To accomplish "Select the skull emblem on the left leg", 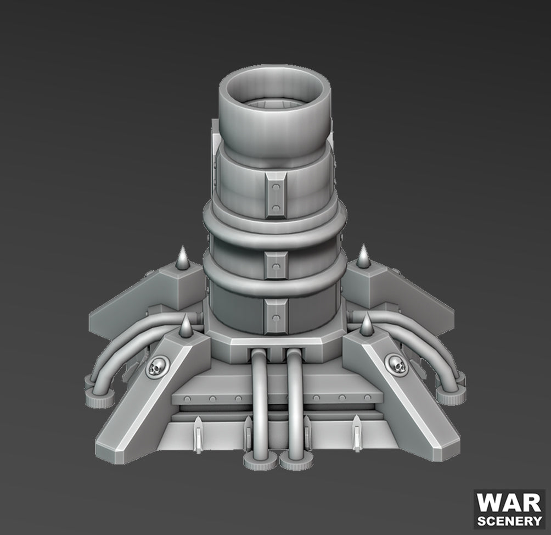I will pyautogui.click(x=156, y=365).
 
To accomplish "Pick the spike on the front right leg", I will pyautogui.click(x=366, y=326).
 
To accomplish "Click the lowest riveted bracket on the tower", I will pyautogui.click(x=275, y=317).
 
